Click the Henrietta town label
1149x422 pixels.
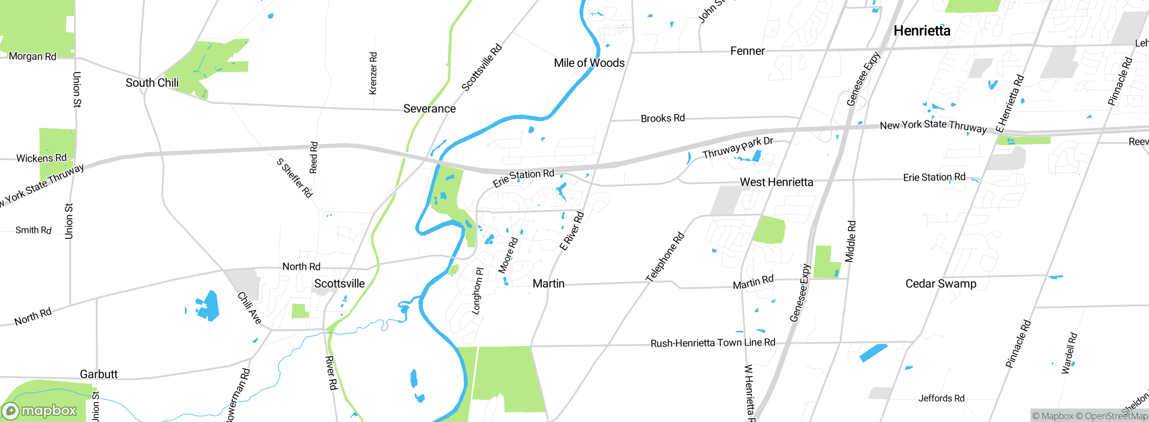922,31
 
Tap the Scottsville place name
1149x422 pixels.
339,284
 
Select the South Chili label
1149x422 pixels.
152,83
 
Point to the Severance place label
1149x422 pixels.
430,109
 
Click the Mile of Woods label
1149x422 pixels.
589,63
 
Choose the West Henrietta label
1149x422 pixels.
776,182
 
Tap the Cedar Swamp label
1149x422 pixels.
941,284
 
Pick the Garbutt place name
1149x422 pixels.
99,374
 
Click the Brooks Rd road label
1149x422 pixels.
662,119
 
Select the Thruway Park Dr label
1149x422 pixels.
737,148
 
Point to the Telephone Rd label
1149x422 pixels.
665,257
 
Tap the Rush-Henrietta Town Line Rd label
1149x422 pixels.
713,343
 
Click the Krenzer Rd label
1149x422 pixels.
373,73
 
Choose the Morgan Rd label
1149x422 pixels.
32,57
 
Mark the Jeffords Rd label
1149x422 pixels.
941,398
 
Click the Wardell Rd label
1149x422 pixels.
1069,353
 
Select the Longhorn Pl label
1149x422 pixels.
478,291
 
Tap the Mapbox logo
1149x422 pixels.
39,410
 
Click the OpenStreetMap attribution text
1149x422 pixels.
1111,416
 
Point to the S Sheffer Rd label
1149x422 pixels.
294,178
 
